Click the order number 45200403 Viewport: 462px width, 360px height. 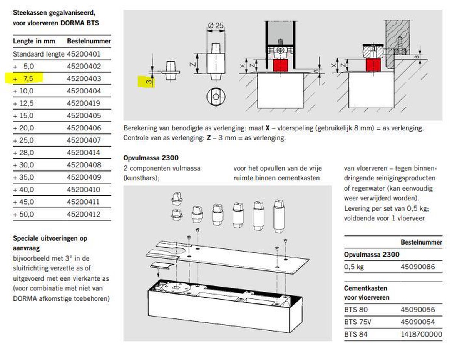[x=84, y=79]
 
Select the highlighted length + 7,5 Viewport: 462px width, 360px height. [x=24, y=79]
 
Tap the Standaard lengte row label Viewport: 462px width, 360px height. [x=38, y=54]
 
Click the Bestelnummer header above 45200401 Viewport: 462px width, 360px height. [x=89, y=41]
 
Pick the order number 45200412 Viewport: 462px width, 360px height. [x=84, y=214]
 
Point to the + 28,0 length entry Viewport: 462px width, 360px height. [x=24, y=153]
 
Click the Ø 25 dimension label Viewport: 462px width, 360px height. [x=216, y=26]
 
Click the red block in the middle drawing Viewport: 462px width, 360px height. [x=281, y=65]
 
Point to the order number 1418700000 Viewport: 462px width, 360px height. [x=422, y=334]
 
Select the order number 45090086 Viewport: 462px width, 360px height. [x=418, y=267]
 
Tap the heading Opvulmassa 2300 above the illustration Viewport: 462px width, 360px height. [x=151, y=158]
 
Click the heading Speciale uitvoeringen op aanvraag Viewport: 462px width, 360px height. [x=50, y=243]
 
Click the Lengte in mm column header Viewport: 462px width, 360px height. [x=34, y=41]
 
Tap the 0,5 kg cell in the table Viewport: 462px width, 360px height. [x=354, y=267]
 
